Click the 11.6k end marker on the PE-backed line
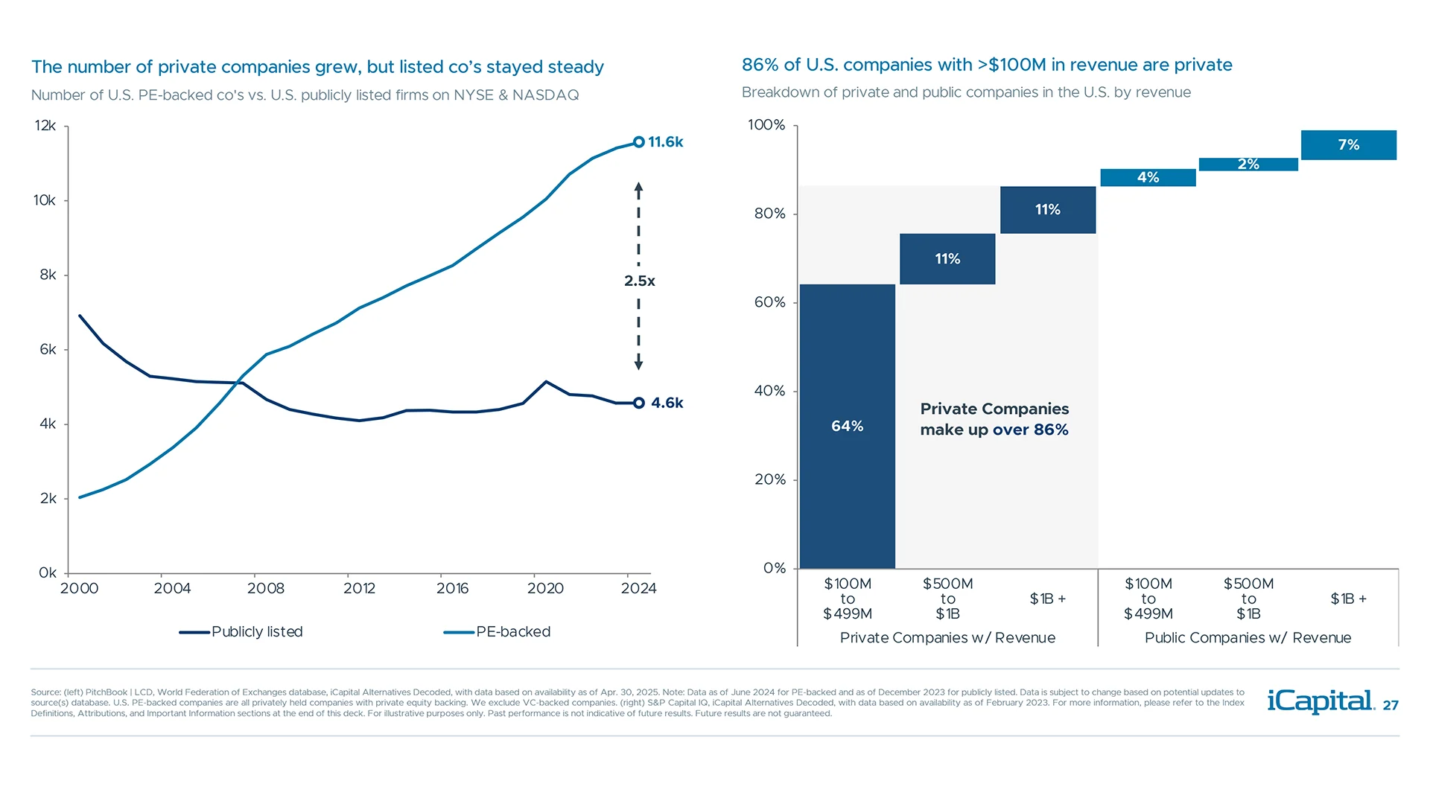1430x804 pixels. pyautogui.click(x=638, y=142)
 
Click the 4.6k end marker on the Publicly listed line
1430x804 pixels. pyautogui.click(x=638, y=403)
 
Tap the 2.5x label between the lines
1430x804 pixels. pyautogui.click(x=639, y=281)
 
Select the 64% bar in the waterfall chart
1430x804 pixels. pyautogui.click(x=847, y=426)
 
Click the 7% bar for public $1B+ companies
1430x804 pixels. pyautogui.click(x=1348, y=145)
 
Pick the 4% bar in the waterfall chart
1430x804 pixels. pyautogui.click(x=1148, y=177)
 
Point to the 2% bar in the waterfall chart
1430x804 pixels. pyautogui.click(x=1248, y=165)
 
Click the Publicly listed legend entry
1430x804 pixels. pyautogui.click(x=241, y=632)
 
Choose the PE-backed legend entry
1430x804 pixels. pyautogui.click(x=498, y=632)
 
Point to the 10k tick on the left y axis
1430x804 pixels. pyautogui.click(x=45, y=200)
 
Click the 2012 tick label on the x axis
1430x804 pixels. pyautogui.click(x=359, y=589)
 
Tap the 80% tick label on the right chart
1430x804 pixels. pyautogui.click(x=769, y=214)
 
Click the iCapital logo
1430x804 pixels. pyautogui.click(x=1321, y=701)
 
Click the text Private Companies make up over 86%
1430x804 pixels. pyautogui.click(x=994, y=419)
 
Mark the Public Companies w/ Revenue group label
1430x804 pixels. pyautogui.click(x=1248, y=638)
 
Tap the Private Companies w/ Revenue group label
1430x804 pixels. pyautogui.click(x=947, y=638)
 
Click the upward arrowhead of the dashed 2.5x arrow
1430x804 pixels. pyautogui.click(x=638, y=188)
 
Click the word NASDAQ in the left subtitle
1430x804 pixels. pyautogui.click(x=545, y=95)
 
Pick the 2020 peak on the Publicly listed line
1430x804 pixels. pyautogui.click(x=546, y=382)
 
